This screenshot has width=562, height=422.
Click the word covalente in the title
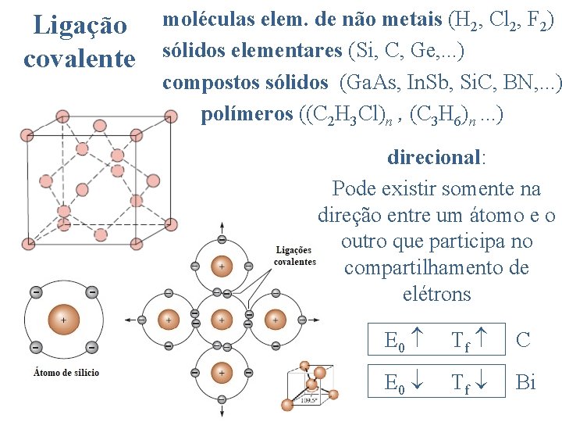click(x=80, y=58)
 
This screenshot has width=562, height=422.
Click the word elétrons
click(x=436, y=294)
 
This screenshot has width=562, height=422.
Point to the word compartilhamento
click(x=436, y=267)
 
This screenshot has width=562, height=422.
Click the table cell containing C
click(x=524, y=340)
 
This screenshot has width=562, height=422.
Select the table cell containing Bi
click(x=526, y=383)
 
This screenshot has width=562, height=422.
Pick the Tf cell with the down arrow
click(x=468, y=383)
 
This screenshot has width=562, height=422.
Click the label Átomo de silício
click(x=66, y=372)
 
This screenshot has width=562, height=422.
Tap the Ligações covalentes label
click(x=295, y=256)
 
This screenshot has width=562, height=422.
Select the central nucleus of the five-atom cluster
click(x=222, y=319)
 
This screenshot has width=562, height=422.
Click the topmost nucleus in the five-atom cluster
click(x=222, y=266)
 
